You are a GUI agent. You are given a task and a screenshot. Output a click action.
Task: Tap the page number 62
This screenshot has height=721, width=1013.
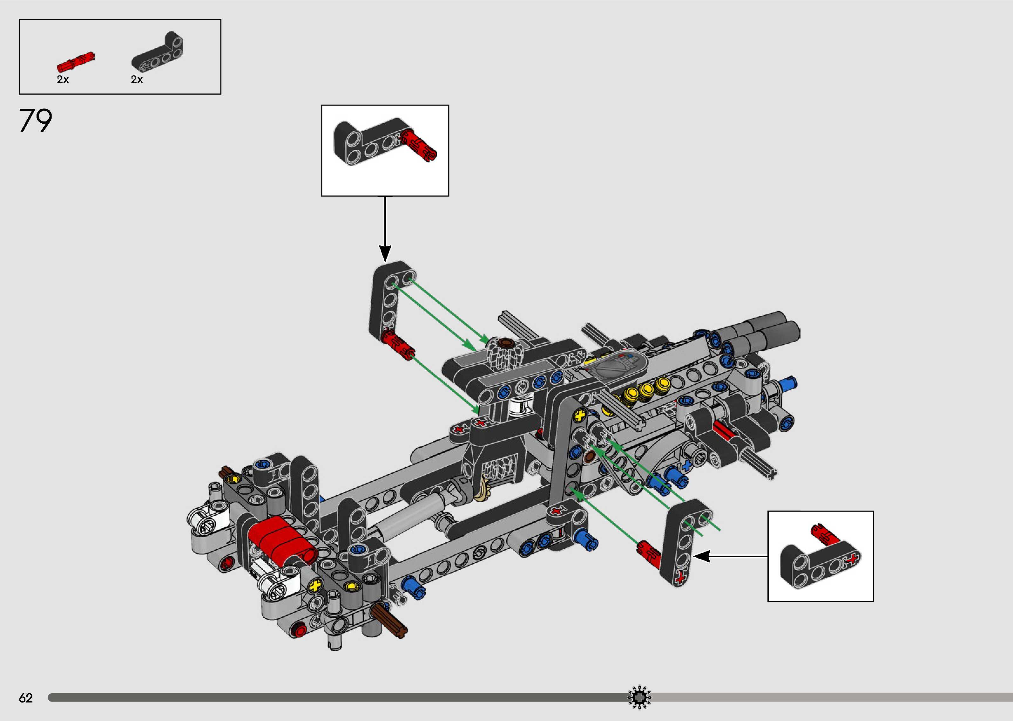click(x=26, y=698)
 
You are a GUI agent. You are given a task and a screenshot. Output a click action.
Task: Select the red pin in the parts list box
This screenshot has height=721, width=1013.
click(x=75, y=62)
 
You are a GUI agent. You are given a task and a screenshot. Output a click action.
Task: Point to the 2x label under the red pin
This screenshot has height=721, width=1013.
click(x=63, y=80)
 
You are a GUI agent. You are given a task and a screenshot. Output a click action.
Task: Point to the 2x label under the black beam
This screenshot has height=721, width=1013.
click(x=137, y=80)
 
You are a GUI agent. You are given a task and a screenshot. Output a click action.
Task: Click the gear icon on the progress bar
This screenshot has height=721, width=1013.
click(x=639, y=698)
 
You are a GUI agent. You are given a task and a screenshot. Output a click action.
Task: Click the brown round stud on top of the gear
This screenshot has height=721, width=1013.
click(x=505, y=342)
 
